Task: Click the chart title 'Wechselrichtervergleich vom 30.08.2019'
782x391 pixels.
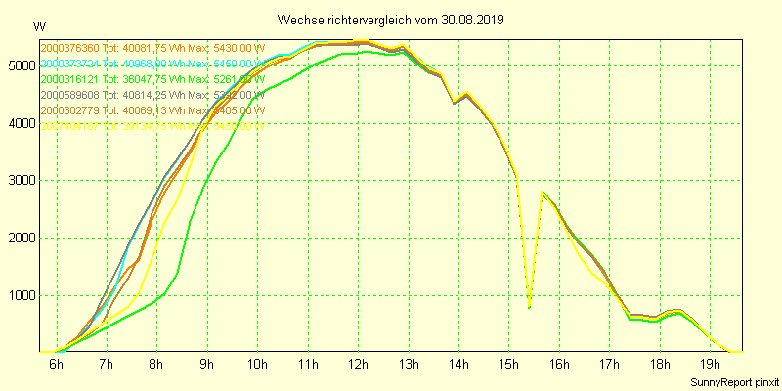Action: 390,20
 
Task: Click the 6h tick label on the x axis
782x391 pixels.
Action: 57,365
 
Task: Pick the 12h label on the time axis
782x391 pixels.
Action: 359,365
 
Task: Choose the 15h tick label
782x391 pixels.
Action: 509,365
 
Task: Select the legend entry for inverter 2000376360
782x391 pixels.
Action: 152,48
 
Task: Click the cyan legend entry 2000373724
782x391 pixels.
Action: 152,64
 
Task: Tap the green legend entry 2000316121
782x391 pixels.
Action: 152,79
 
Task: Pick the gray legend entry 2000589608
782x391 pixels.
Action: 152,95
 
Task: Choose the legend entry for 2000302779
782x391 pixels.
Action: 152,110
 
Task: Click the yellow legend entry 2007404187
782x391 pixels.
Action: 152,126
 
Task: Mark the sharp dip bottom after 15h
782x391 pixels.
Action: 529,307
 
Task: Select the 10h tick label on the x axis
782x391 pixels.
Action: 258,365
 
